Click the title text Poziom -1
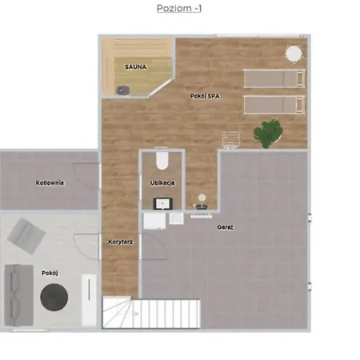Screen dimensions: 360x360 pyautogui.click(x=179, y=8)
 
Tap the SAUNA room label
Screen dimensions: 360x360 pyautogui.click(x=136, y=67)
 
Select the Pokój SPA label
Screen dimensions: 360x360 pyautogui.click(x=205, y=96)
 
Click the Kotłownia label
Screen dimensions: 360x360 pyautogui.click(x=50, y=182)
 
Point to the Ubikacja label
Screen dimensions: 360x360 pyautogui.click(x=162, y=182)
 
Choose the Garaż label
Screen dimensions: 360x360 pyautogui.click(x=226, y=227)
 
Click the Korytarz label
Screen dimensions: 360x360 pyautogui.click(x=121, y=242)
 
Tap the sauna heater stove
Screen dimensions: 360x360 pyautogui.click(x=122, y=90)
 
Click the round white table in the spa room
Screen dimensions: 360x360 pyautogui.click(x=294, y=54)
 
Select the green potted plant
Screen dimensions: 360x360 pyautogui.click(x=268, y=134)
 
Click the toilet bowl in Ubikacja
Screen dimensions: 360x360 pyautogui.click(x=162, y=161)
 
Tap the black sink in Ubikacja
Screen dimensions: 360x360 pyautogui.click(x=163, y=204)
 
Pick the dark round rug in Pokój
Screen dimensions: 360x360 pyautogui.click(x=54, y=297)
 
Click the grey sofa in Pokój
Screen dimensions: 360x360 pyautogui.click(x=18, y=295)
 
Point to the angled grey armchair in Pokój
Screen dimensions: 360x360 pyautogui.click(x=26, y=236)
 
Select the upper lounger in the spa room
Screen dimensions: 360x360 pyautogui.click(x=274, y=78)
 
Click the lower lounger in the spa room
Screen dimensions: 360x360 pyautogui.click(x=274, y=105)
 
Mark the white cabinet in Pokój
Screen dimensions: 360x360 pyautogui.click(x=89, y=300)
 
